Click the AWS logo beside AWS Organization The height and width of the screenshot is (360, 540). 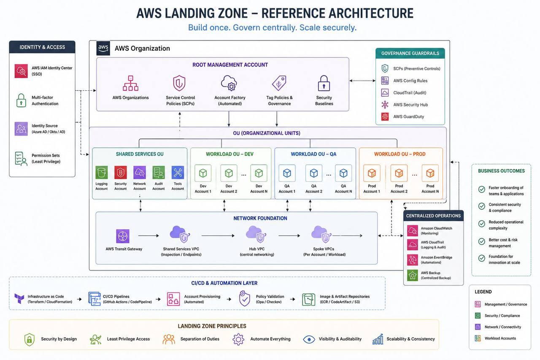[x=103, y=48]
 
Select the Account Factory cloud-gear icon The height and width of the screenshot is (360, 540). [x=229, y=83]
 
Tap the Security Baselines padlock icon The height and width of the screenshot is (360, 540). [x=324, y=83]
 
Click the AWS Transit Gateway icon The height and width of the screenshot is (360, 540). [x=123, y=236]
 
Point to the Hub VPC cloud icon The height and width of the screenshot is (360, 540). [x=256, y=234]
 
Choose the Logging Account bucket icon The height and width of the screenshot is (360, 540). [x=102, y=173]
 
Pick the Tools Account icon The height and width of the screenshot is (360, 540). [x=178, y=173]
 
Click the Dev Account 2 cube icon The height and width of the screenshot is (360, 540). [x=229, y=173]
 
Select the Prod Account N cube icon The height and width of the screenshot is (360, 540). [x=430, y=173]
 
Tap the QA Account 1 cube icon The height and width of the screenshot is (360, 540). [x=287, y=173]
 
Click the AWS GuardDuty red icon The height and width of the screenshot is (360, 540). [x=385, y=117]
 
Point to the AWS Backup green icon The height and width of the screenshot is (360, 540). [x=413, y=275]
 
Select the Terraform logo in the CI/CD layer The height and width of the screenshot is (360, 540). [x=19, y=298]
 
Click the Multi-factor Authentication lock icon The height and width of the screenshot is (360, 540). [x=21, y=100]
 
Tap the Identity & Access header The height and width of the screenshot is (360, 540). [x=42, y=47]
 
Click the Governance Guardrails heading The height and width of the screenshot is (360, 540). [x=410, y=53]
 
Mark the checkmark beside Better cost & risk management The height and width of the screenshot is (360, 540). [x=482, y=241]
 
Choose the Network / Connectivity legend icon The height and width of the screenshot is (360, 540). [x=478, y=327]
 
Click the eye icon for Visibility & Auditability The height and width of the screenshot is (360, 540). [x=309, y=339]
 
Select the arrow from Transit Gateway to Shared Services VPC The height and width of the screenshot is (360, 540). [x=148, y=235]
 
